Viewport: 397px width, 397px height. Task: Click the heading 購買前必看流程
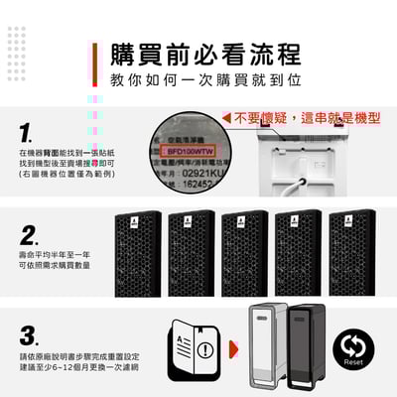(205, 52)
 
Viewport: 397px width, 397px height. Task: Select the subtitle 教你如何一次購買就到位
(205, 78)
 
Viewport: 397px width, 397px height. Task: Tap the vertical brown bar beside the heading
(93, 65)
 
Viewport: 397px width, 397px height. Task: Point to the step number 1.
(27, 132)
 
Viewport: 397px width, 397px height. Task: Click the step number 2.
(29, 235)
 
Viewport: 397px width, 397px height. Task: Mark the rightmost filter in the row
(352, 239)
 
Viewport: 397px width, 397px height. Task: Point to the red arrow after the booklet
(233, 349)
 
